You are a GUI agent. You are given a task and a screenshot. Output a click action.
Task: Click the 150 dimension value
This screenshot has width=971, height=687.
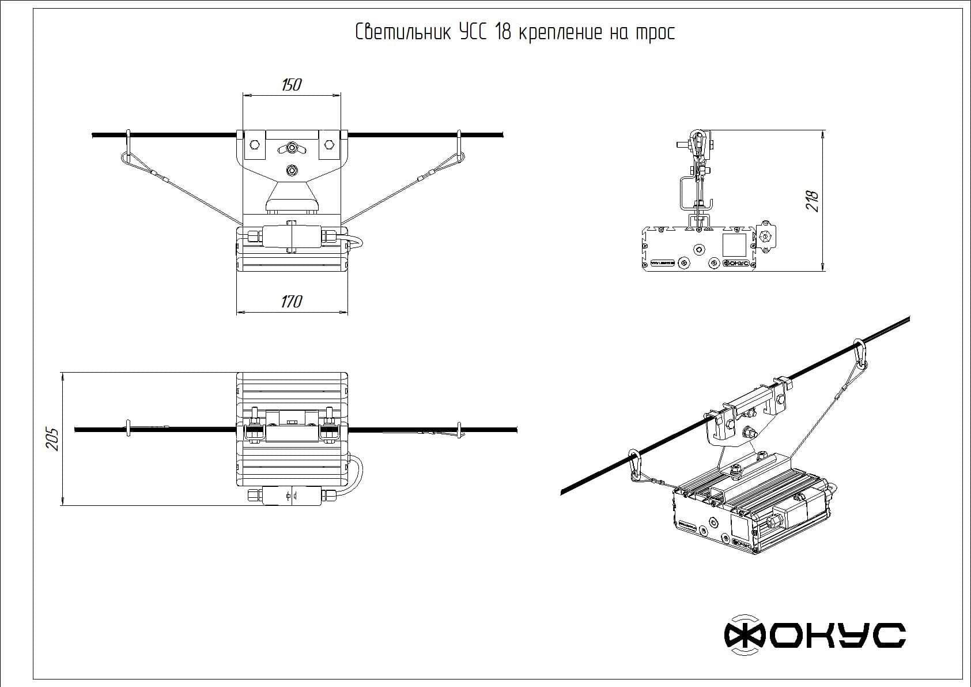291,85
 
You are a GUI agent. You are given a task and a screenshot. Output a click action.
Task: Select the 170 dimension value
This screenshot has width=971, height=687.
292,302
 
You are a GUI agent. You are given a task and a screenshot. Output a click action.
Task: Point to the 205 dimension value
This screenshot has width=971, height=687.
53,440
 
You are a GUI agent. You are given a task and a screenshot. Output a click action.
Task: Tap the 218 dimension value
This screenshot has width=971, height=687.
813,201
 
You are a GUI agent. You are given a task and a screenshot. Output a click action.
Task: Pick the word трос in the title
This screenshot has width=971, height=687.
654,33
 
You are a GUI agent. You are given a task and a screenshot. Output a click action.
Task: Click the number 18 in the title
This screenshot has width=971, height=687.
502,32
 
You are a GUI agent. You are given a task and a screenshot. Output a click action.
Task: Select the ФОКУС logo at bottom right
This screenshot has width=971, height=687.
814,635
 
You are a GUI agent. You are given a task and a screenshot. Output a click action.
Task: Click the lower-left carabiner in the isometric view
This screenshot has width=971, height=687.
634,465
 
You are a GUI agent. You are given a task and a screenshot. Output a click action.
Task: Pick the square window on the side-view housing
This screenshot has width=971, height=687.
735,245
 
